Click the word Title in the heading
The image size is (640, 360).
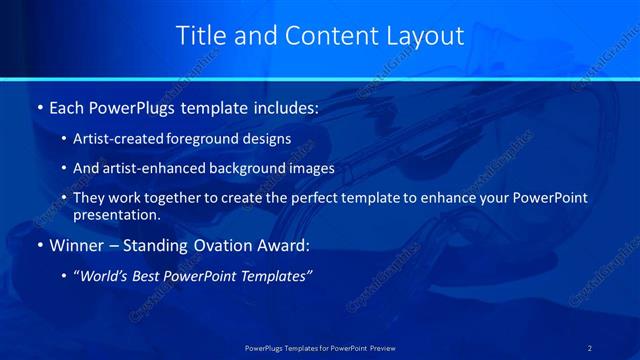201,36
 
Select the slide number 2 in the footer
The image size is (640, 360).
590,347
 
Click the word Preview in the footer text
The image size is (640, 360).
375,347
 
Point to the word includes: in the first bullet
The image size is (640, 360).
281,106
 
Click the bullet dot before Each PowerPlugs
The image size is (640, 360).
39,106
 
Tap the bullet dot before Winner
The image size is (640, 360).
39,245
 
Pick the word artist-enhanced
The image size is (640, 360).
146,168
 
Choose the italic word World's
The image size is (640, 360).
104,276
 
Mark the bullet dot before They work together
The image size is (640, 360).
65,198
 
